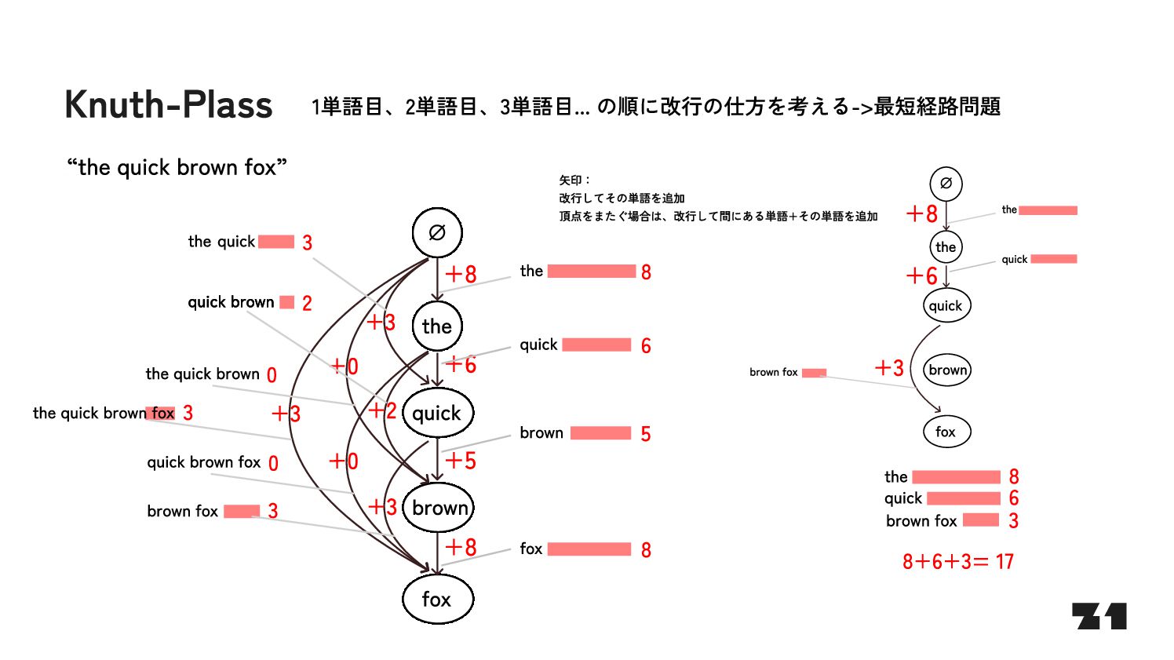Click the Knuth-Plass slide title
[169, 105]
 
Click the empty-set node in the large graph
[437, 232]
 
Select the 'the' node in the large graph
[437, 326]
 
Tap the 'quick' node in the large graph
[437, 413]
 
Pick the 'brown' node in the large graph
[439, 508]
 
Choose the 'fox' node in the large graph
[437, 600]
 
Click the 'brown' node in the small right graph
[947, 370]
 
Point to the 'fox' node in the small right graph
[946, 432]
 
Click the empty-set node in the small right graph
[946, 184]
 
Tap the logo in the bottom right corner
[1099, 616]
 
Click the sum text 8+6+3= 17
[957, 562]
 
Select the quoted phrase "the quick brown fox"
[177, 167]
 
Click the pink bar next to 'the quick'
[276, 242]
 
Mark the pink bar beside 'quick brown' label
[287, 302]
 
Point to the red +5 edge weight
[461, 461]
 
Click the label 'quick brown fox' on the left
[203, 462]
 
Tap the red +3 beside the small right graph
[890, 368]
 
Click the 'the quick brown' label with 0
[202, 374]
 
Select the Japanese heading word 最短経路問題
[937, 107]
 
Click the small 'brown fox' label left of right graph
[773, 372]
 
